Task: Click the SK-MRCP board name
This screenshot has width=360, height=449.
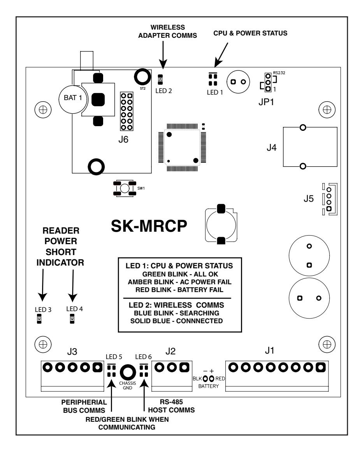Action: (x=149, y=226)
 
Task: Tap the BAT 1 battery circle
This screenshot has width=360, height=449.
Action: (x=73, y=99)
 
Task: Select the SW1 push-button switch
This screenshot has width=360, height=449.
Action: (x=125, y=188)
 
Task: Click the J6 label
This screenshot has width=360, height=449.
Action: (x=123, y=139)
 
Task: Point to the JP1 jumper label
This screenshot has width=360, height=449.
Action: (x=266, y=102)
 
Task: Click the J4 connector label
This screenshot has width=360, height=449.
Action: (x=271, y=148)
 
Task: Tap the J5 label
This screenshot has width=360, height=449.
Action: (x=309, y=199)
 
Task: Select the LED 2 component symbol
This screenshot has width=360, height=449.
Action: (x=160, y=79)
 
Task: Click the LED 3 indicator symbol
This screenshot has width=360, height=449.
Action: (x=39, y=319)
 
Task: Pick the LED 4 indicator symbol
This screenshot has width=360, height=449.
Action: (x=72, y=319)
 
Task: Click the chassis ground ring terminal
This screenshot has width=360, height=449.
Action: (x=128, y=372)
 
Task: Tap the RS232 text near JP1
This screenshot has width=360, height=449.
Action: (x=279, y=73)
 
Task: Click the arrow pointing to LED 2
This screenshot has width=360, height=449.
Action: (x=163, y=55)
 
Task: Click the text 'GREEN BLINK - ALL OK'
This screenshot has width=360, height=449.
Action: (x=180, y=274)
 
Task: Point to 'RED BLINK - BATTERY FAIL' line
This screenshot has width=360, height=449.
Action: (x=179, y=290)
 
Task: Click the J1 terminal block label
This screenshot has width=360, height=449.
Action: (x=270, y=350)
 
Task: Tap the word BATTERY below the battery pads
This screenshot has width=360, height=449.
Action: (x=208, y=386)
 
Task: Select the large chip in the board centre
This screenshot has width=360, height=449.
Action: (x=182, y=148)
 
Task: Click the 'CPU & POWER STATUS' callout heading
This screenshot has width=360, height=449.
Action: (x=250, y=33)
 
